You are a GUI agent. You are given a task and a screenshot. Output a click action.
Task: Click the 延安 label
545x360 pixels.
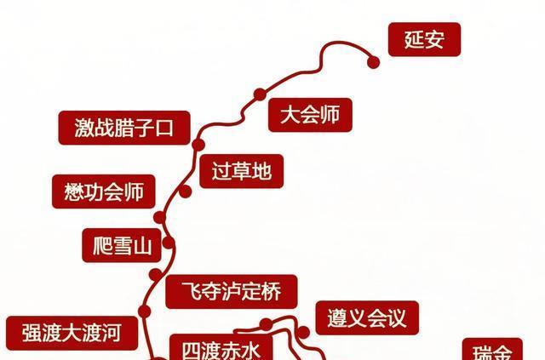424,39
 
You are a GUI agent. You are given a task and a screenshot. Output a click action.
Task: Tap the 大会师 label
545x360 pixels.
309,115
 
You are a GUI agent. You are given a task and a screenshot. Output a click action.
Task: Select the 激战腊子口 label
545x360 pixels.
123,129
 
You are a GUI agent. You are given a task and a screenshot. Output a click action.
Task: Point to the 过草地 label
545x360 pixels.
242,172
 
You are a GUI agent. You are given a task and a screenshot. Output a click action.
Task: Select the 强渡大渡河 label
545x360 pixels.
68,333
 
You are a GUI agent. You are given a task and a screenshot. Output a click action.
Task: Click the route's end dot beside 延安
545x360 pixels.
372,60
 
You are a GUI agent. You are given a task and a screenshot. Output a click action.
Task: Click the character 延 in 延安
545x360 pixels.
413,39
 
